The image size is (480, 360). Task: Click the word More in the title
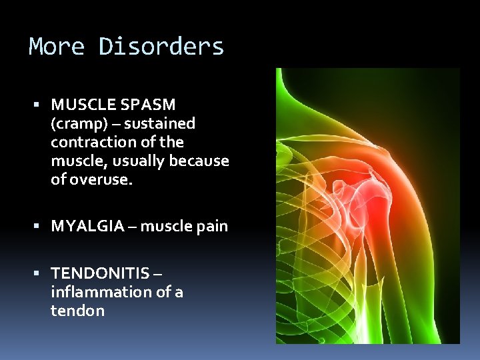pos(57,47)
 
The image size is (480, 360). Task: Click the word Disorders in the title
pos(161,47)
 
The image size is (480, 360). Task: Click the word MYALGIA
pos(87,226)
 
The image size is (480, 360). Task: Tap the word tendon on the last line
pos(77,311)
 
